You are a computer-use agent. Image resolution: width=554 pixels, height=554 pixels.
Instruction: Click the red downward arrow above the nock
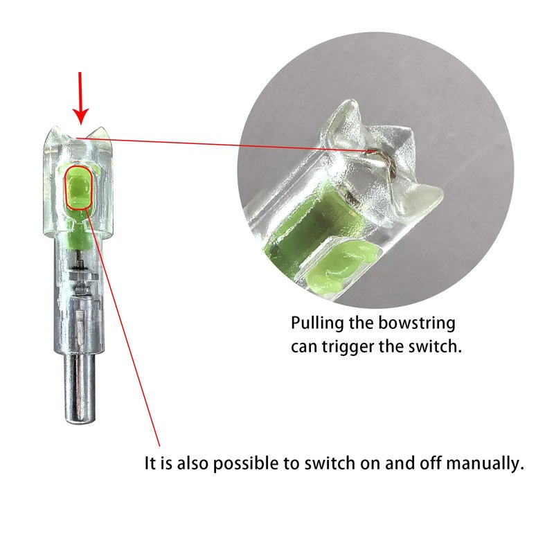click(80, 98)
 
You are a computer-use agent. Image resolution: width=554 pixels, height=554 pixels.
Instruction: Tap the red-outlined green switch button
click(78, 188)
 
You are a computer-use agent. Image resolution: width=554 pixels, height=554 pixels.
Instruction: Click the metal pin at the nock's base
click(80, 388)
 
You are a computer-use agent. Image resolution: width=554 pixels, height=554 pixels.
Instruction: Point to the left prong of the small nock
click(54, 140)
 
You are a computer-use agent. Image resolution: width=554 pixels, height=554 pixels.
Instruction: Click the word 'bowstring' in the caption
click(417, 323)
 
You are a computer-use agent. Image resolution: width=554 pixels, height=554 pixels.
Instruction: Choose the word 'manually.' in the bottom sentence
click(485, 463)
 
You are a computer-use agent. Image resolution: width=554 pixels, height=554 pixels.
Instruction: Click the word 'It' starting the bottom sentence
click(150, 463)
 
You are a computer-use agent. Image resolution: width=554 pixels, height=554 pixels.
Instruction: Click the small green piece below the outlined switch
click(78, 235)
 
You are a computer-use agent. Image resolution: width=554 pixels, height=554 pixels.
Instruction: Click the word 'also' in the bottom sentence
click(193, 463)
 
